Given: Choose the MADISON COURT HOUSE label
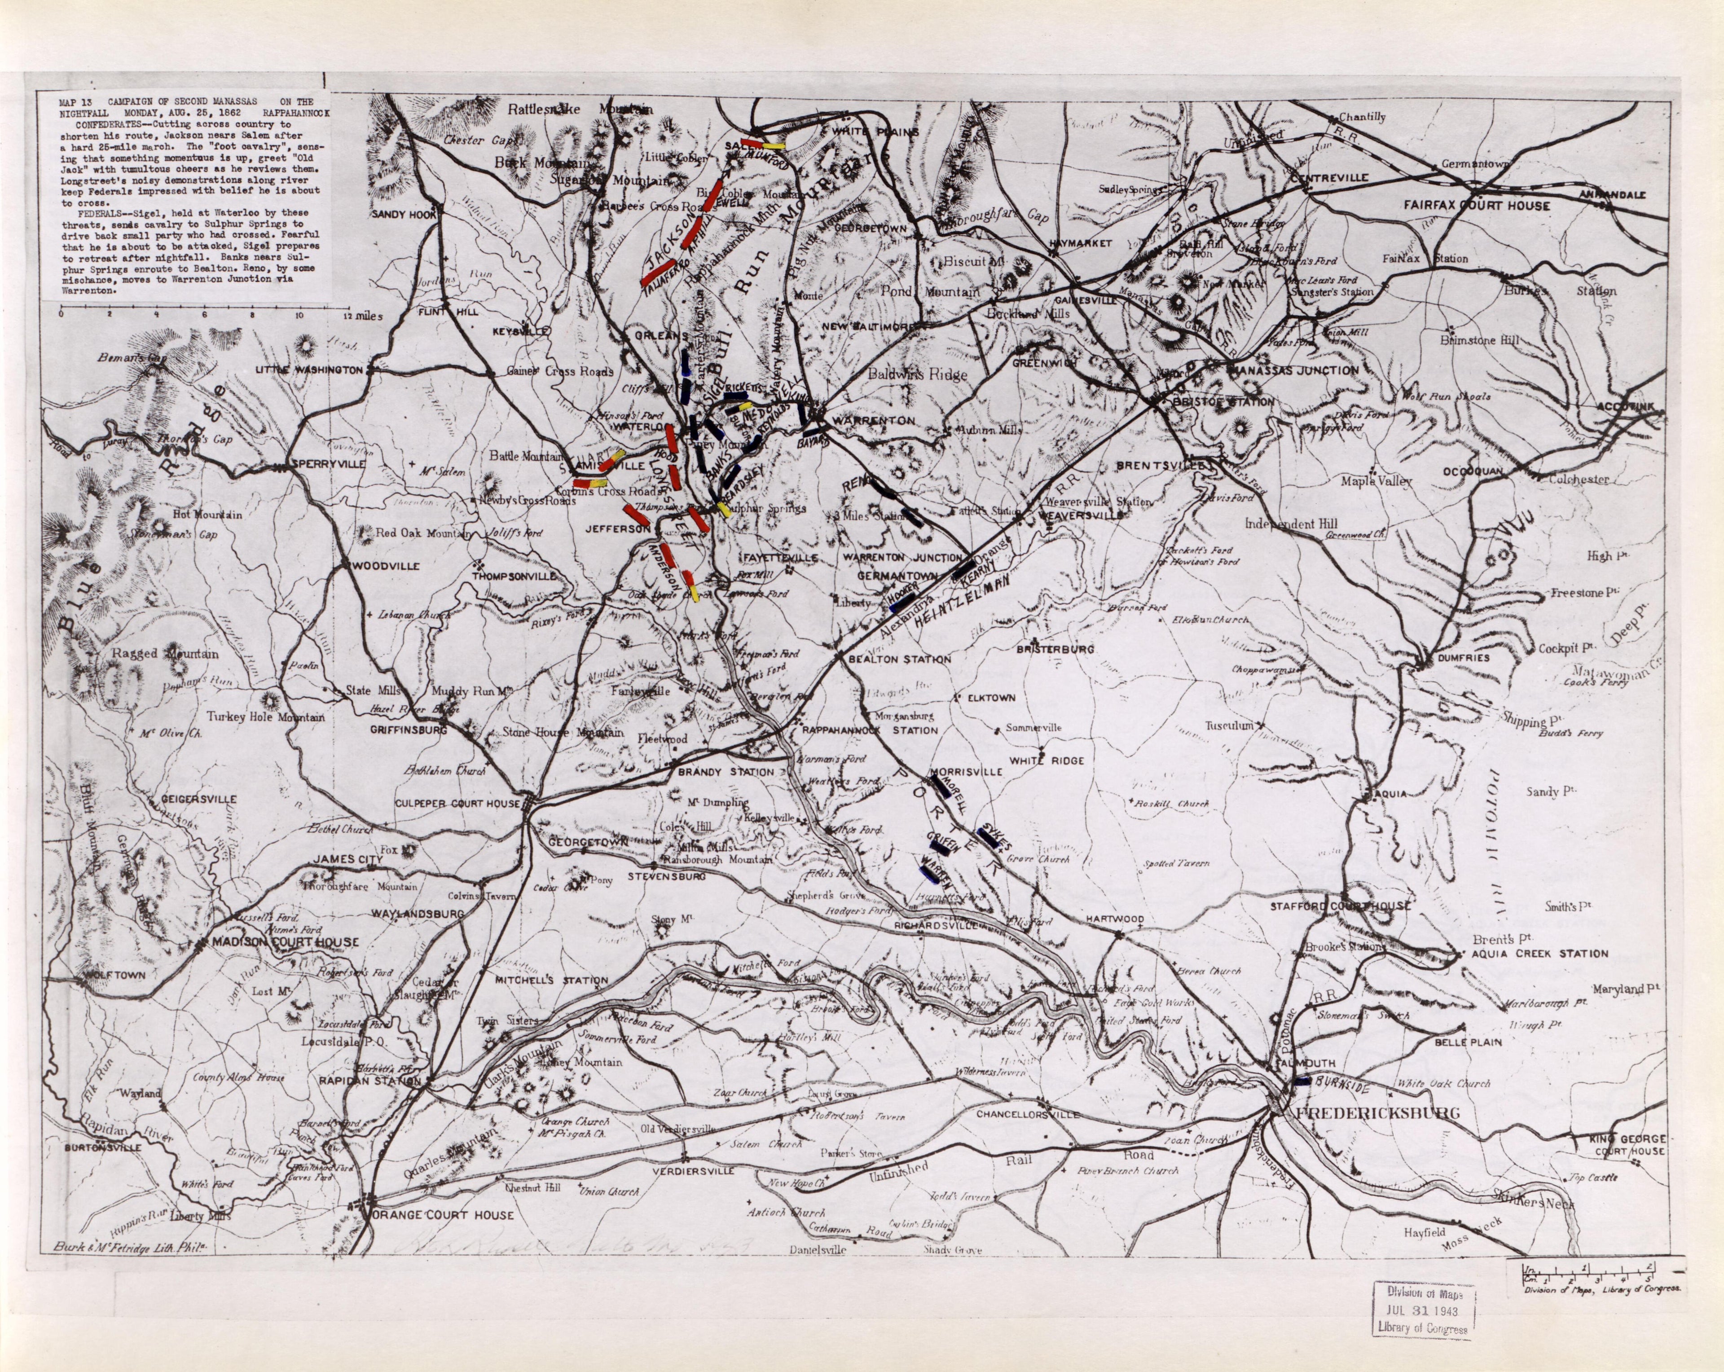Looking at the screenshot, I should pyautogui.click(x=285, y=943).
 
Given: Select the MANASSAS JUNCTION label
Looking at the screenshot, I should pyautogui.click(x=1294, y=371).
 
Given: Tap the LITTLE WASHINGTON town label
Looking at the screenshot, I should pyautogui.click(x=308, y=370).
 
